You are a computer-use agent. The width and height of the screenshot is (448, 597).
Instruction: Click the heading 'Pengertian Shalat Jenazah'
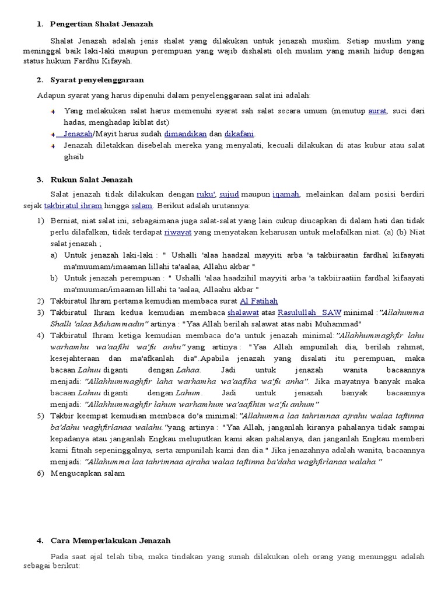(101, 24)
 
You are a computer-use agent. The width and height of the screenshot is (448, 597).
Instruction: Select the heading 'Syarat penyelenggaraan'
(97, 79)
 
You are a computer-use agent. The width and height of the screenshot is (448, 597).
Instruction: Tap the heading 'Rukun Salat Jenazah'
(92, 180)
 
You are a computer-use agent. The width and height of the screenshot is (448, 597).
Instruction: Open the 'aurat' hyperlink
(377, 111)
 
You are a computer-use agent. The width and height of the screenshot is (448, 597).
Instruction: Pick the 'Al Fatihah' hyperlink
(259, 301)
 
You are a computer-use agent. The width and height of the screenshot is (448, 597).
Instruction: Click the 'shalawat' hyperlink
(243, 312)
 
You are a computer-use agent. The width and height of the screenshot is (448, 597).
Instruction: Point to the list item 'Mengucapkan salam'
(86, 473)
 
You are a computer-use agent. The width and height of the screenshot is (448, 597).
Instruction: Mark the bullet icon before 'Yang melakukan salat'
(52, 111)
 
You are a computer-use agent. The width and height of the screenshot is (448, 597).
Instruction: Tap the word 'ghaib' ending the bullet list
(74, 157)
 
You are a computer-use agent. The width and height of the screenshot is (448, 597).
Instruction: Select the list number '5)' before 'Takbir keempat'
(40, 416)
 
